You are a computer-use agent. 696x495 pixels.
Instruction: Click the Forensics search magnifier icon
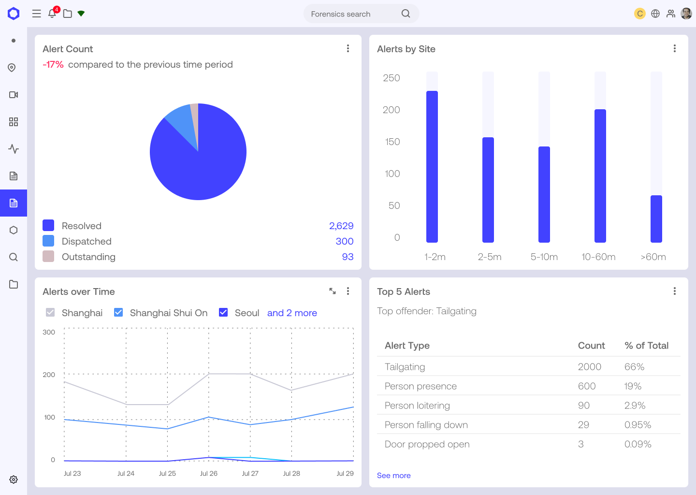pyautogui.click(x=406, y=14)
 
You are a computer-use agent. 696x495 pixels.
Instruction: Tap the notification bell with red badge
pyautogui.click(x=52, y=14)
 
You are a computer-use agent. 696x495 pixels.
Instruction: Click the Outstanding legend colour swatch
pyautogui.click(x=48, y=256)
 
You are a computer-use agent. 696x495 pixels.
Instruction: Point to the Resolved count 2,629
pyautogui.click(x=341, y=226)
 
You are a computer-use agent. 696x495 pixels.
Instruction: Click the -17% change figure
pyautogui.click(x=53, y=64)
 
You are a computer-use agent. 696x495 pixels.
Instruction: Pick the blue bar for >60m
pyautogui.click(x=656, y=218)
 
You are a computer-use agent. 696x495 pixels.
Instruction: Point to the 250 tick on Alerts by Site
pyautogui.click(x=391, y=78)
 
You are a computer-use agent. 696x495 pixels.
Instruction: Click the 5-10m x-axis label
pyautogui.click(x=544, y=257)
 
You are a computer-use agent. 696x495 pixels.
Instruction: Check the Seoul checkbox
pyautogui.click(x=223, y=312)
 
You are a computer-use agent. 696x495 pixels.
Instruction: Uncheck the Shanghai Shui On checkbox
pyautogui.click(x=118, y=312)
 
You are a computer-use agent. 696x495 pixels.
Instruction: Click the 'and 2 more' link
pyautogui.click(x=292, y=313)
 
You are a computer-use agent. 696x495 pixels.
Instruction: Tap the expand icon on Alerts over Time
pyautogui.click(x=333, y=291)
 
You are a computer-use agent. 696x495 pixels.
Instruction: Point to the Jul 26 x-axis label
pyautogui.click(x=209, y=473)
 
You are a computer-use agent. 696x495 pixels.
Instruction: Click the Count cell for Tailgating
pyautogui.click(x=589, y=367)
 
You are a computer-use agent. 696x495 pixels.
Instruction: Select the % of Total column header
pyautogui.click(x=646, y=346)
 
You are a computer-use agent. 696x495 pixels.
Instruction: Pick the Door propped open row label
pyautogui.click(x=427, y=444)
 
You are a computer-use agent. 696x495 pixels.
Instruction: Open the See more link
pyautogui.click(x=393, y=476)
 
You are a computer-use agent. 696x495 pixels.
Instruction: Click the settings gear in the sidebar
pyautogui.click(x=14, y=480)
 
